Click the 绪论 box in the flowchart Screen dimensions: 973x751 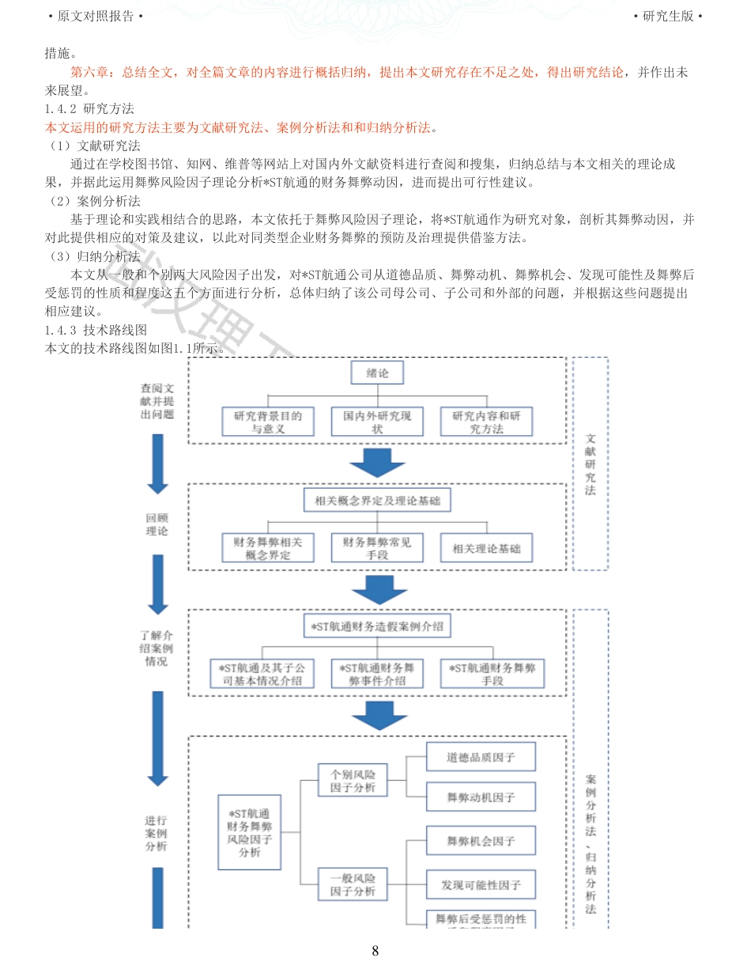tap(377, 373)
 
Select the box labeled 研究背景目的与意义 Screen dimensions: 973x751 tap(268, 422)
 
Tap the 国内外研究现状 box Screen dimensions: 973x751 tap(377, 422)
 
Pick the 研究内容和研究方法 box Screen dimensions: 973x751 tap(486, 422)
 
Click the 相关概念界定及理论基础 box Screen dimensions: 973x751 tap(377, 501)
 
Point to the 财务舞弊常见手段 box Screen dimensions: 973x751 tap(377, 547)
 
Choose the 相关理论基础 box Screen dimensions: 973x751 tap(486, 548)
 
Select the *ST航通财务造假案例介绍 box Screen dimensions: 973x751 tap(377, 627)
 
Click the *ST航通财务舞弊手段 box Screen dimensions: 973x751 tap(492, 673)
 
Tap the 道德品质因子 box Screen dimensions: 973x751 tap(481, 757)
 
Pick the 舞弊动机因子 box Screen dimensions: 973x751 tap(481, 797)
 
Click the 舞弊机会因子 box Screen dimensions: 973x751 tap(481, 841)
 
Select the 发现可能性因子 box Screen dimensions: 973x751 tap(481, 884)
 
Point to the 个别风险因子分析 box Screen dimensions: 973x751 tap(353, 781)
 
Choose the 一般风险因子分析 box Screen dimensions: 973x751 tap(353, 884)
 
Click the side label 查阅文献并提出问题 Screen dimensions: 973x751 tap(157, 401)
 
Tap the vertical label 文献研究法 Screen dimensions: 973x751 tap(591, 464)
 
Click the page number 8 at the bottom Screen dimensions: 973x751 tap(375, 951)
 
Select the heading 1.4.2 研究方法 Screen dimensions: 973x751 tap(89, 109)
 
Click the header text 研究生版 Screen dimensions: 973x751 tap(667, 16)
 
